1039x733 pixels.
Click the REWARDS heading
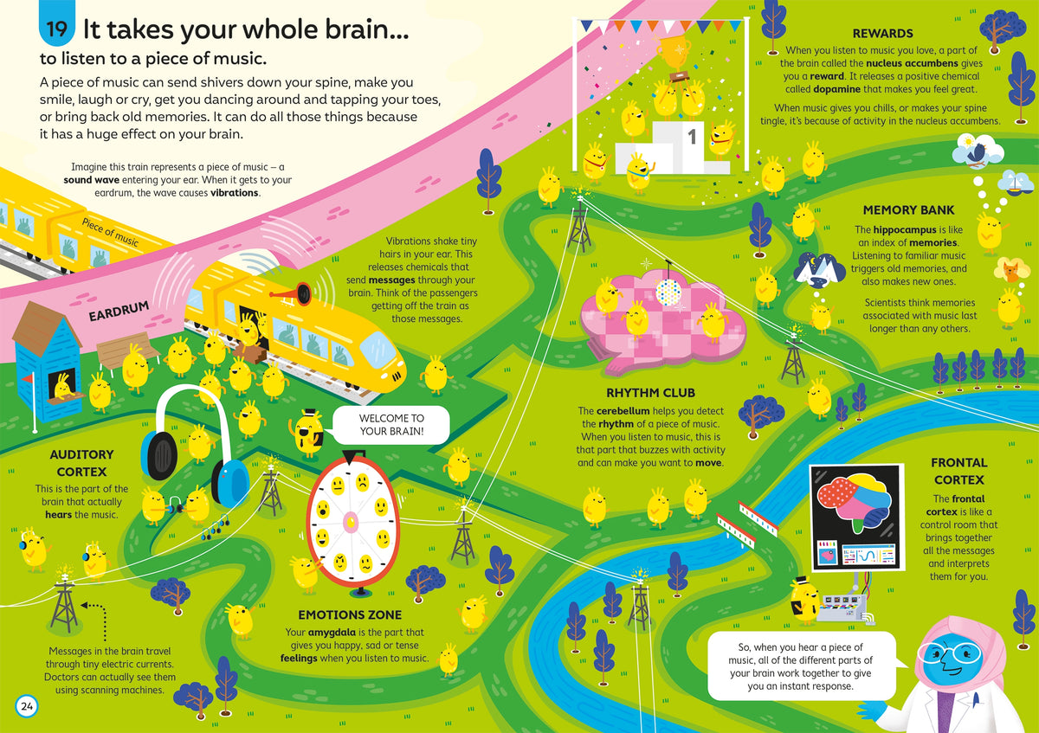(x=882, y=34)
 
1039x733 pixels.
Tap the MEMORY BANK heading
(x=908, y=210)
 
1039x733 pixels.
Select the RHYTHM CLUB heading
(x=650, y=393)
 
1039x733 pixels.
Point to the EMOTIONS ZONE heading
(x=350, y=614)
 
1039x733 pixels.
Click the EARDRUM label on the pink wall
(x=119, y=311)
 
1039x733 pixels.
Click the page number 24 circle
(x=27, y=706)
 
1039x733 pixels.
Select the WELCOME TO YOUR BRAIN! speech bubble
(x=391, y=425)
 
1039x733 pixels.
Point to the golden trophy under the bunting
(x=674, y=52)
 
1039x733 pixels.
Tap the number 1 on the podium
(x=692, y=137)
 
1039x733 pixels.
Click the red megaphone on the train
(x=293, y=293)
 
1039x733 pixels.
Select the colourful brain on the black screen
(x=853, y=504)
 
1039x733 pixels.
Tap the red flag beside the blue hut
(x=28, y=378)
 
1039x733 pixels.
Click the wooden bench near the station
(x=126, y=351)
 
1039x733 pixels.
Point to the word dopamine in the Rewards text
(x=836, y=89)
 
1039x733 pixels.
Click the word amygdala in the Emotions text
(x=332, y=632)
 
